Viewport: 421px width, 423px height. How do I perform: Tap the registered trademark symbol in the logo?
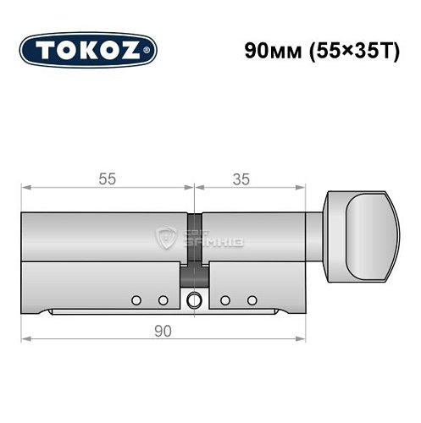coord(150,52)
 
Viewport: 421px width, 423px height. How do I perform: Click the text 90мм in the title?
coord(265,49)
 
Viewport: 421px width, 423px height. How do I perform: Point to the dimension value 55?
coord(106,179)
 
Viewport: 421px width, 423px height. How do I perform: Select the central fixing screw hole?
coord(195,299)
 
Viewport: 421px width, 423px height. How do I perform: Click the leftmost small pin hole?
coord(136,300)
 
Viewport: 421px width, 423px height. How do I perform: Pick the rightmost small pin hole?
coord(251,300)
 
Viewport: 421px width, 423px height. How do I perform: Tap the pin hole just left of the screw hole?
coord(163,300)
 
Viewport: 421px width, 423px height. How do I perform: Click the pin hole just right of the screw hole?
coord(224,300)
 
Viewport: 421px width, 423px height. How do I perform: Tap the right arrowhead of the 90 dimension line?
coord(302,339)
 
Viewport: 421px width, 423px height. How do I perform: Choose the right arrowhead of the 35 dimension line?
coord(302,189)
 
